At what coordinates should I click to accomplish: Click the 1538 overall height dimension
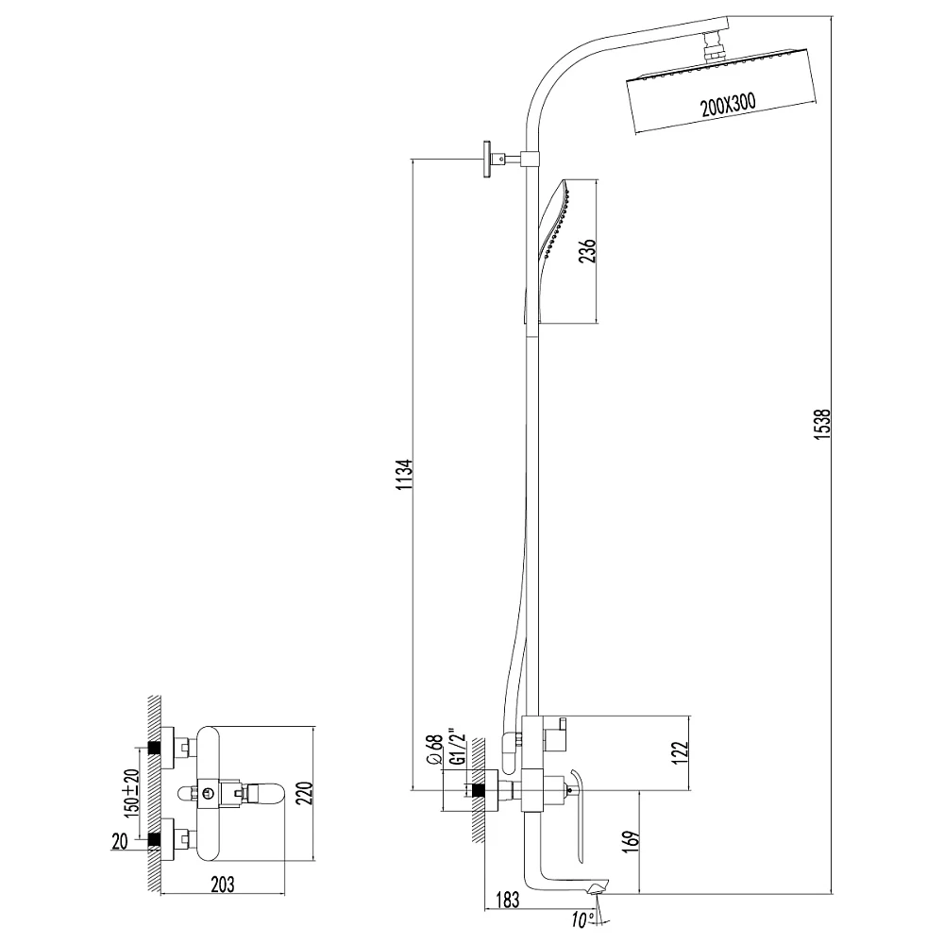[x=823, y=424]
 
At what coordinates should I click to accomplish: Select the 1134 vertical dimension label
[x=405, y=474]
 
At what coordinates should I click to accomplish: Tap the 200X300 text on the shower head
[x=728, y=105]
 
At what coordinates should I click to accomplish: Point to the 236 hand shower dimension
[x=587, y=250]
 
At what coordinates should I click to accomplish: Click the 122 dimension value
[x=679, y=752]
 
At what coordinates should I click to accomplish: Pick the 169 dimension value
[x=631, y=842]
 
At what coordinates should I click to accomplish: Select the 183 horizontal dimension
[x=507, y=900]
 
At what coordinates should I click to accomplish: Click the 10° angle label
[x=582, y=920]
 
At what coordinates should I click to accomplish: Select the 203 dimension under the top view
[x=222, y=885]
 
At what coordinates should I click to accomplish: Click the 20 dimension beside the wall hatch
[x=120, y=842]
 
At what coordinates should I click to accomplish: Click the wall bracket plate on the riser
[x=486, y=159]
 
